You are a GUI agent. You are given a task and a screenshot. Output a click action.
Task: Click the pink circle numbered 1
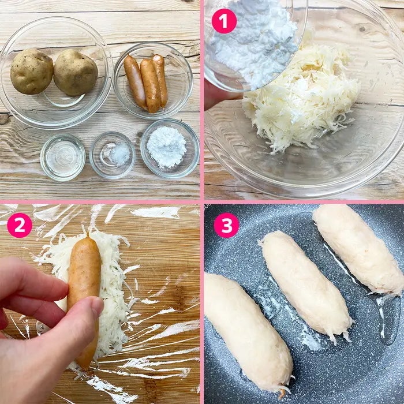click(224, 21)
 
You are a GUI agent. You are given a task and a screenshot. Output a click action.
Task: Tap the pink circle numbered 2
click(19, 225)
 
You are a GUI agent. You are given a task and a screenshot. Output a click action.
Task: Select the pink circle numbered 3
click(226, 225)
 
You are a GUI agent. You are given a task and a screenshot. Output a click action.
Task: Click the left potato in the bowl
click(31, 72)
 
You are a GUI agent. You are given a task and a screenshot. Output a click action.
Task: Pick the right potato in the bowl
click(76, 72)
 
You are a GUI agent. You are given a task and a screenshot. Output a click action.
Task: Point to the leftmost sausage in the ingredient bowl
click(134, 81)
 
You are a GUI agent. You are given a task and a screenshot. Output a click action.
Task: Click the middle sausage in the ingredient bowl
click(151, 86)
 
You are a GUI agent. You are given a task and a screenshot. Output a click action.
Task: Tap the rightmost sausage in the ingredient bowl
click(160, 80)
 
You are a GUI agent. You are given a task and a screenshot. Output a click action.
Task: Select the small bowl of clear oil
click(62, 157)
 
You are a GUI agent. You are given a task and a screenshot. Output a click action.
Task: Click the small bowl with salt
click(113, 155)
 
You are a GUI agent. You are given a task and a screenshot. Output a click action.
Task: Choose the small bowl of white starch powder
click(170, 148)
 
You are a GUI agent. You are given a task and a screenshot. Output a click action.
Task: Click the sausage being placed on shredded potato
click(84, 299)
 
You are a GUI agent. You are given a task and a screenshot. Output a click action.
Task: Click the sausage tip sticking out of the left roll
click(282, 394)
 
